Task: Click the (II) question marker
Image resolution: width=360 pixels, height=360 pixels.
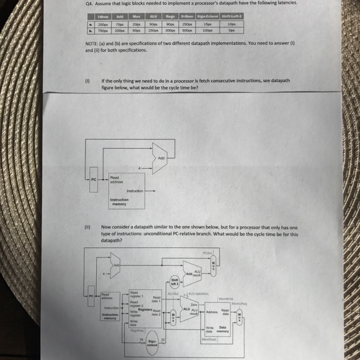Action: (x=88, y=226)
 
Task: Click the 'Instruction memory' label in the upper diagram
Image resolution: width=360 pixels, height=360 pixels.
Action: (x=119, y=202)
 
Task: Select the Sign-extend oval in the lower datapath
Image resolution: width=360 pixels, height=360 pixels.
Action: (x=152, y=343)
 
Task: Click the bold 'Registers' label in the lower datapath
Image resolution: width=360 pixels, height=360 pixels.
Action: (x=145, y=309)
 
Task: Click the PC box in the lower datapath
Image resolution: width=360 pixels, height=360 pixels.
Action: (x=91, y=297)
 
